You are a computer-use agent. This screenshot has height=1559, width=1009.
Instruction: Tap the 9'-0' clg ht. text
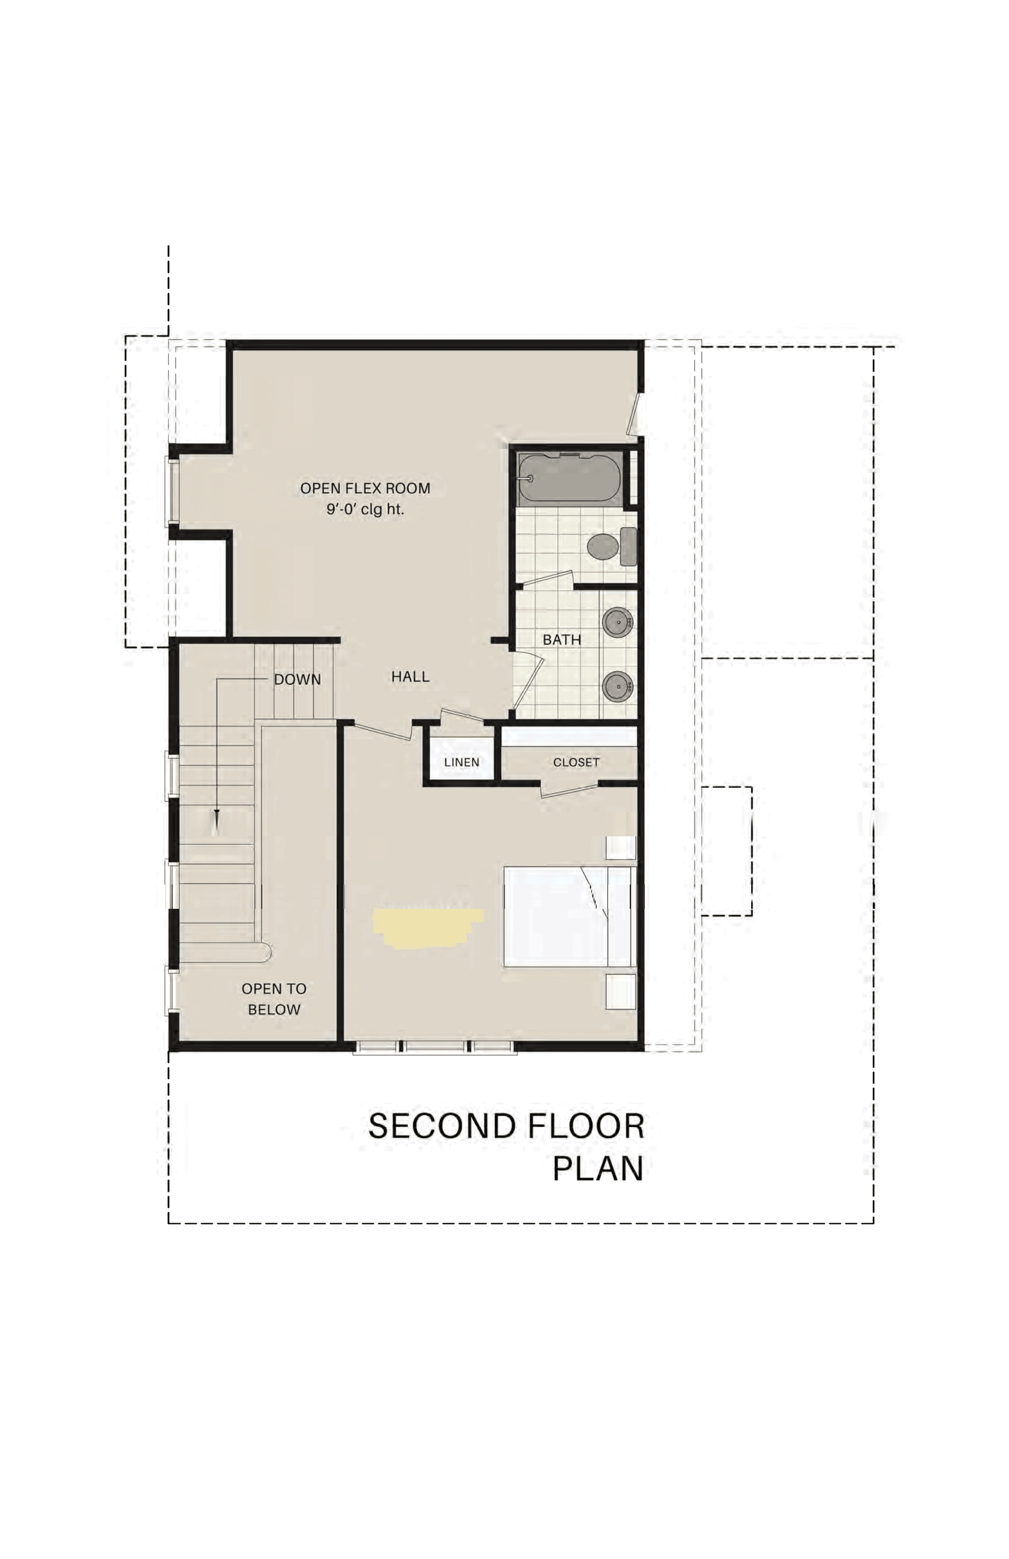coord(365,509)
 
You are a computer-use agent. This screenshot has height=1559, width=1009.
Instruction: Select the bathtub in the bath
coord(569,479)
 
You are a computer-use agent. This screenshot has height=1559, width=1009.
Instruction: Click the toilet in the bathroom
coord(612,546)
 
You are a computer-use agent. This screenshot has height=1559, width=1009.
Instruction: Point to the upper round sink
coord(618,622)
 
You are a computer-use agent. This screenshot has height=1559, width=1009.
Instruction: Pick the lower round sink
coord(618,686)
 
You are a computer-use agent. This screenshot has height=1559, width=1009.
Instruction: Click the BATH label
coord(561,639)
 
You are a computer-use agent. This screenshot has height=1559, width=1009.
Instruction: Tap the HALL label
coord(410,677)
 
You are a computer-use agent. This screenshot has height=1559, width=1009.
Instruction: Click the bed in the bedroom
coord(569,917)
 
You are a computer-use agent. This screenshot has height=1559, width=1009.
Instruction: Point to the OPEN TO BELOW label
coord(274,999)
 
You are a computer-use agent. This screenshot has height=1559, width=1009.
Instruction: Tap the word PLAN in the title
coord(598,1169)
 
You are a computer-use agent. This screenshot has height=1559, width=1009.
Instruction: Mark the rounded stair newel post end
coord(265,953)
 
